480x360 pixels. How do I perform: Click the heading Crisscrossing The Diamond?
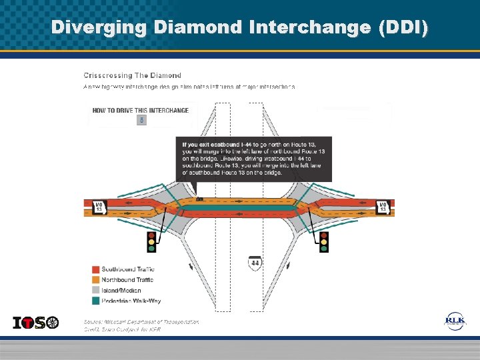[x=132, y=75]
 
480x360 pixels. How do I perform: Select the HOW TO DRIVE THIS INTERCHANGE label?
[x=140, y=110]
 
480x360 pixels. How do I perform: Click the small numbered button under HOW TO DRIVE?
[x=141, y=120]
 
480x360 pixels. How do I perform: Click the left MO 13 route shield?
[x=99, y=207]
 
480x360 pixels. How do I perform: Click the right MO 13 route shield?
[x=383, y=207]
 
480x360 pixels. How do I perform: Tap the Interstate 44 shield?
[x=255, y=263]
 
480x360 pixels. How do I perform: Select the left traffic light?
[x=151, y=241]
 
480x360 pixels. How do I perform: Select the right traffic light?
[x=324, y=241]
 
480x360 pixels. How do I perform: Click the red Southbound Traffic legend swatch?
[x=95, y=269]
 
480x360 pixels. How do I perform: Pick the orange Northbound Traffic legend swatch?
[x=95, y=280]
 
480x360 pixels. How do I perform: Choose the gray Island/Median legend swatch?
[x=95, y=291]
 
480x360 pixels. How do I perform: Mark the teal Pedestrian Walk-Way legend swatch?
[x=95, y=301]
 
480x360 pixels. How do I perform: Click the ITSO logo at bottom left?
[x=36, y=323]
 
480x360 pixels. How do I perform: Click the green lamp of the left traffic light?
[x=151, y=249]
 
